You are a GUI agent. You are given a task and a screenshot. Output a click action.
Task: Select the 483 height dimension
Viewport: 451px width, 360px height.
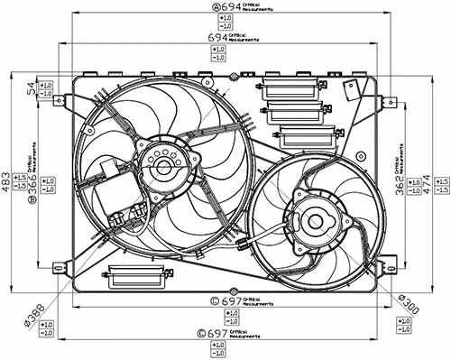pyautogui.click(x=8, y=183)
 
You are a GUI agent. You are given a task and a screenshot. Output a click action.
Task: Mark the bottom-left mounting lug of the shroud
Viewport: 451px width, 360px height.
pyautogui.click(x=60, y=266)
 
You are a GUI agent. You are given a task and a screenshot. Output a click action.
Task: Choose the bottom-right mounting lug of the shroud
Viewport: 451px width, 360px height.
pyautogui.click(x=390, y=266)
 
